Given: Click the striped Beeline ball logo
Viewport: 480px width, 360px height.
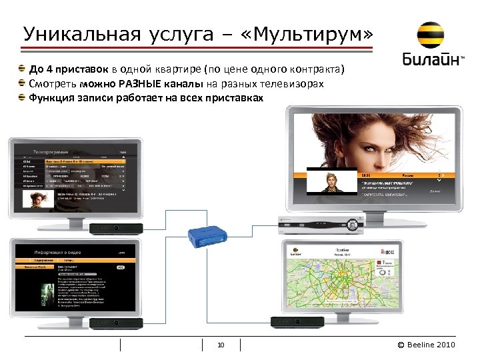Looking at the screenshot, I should click(x=432, y=36).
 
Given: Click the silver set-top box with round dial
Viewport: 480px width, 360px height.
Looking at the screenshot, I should click(x=320, y=225).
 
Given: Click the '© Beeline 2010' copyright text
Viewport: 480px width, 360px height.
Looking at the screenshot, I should click(x=426, y=345).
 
